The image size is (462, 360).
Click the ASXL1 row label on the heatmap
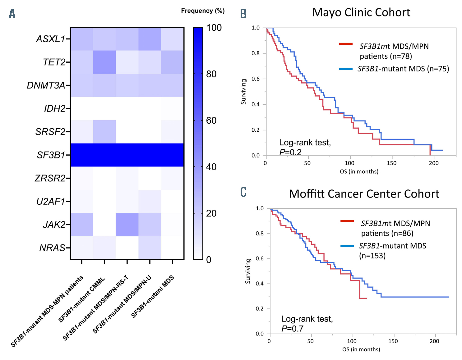(x=51, y=39)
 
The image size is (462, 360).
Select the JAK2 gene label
(x=54, y=225)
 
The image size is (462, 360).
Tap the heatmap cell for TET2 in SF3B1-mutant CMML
(x=104, y=62)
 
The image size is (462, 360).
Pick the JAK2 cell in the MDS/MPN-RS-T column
(x=127, y=225)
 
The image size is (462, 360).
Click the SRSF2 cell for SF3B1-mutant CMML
(x=104, y=132)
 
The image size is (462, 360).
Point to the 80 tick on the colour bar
(x=211, y=74)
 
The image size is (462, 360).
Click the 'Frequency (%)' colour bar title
(x=203, y=11)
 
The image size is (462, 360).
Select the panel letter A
(x=12, y=14)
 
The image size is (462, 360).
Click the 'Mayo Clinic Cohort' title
(x=361, y=12)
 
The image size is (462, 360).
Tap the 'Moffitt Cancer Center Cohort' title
(x=364, y=194)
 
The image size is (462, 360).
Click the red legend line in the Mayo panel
(x=346, y=44)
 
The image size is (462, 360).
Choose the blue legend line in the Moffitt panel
(x=347, y=246)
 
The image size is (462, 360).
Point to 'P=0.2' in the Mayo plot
(x=290, y=152)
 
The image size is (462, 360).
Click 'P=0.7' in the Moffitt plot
(x=292, y=328)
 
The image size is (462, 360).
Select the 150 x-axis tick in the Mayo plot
(x=391, y=163)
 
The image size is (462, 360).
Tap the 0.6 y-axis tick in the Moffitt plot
(x=260, y=258)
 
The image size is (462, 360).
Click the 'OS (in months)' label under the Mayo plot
(x=359, y=171)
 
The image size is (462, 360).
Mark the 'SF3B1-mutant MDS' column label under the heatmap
(x=153, y=297)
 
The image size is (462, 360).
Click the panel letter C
(x=243, y=192)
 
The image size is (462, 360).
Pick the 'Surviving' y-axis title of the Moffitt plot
(x=248, y=271)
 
